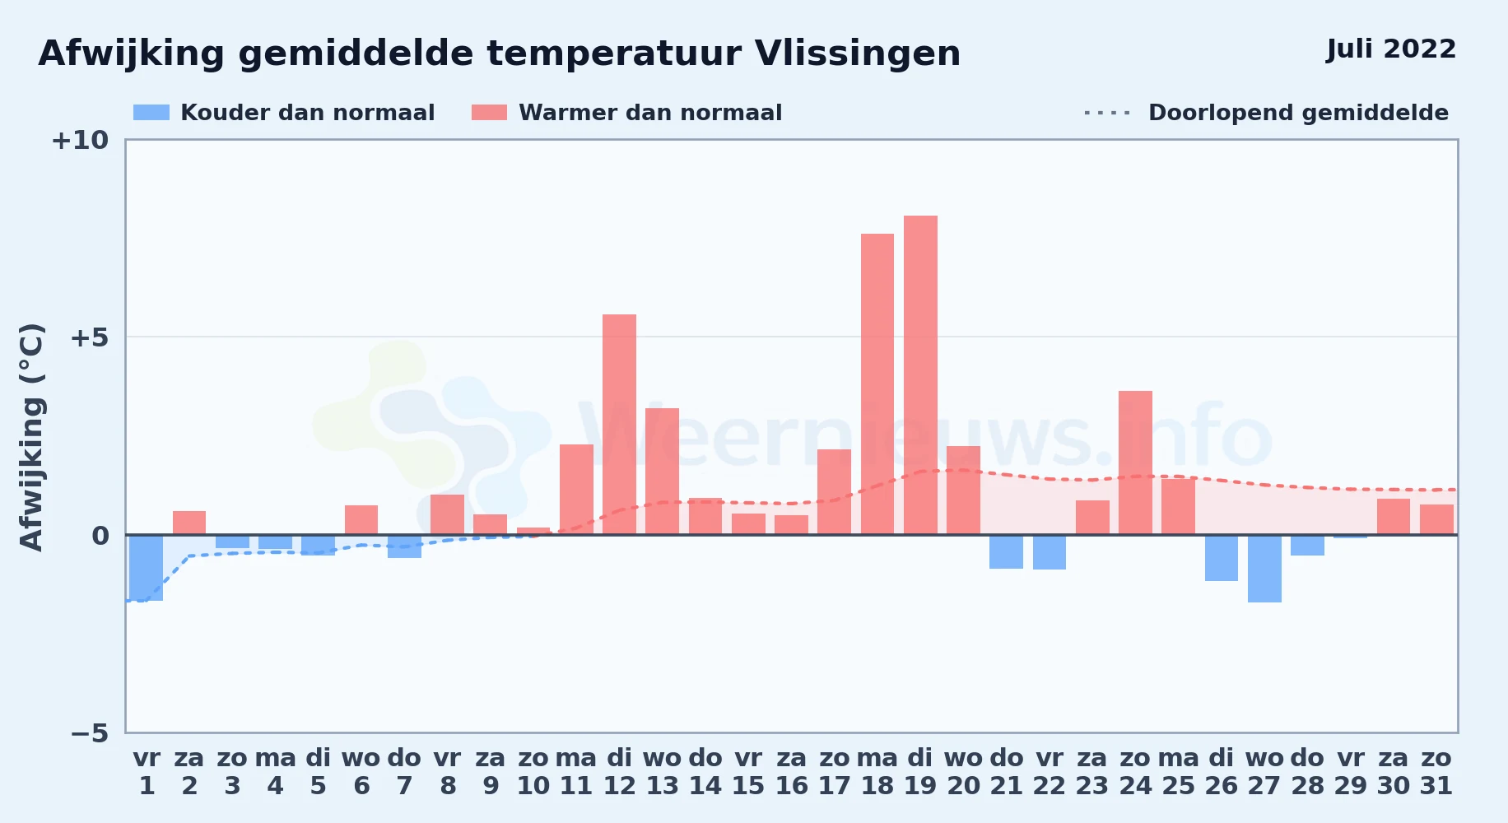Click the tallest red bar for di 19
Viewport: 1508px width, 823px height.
pyautogui.click(x=920, y=375)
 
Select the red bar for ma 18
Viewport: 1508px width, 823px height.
pyautogui.click(x=877, y=384)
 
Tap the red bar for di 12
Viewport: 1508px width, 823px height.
pyautogui.click(x=619, y=425)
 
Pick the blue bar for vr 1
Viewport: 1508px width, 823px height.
pyautogui.click(x=147, y=568)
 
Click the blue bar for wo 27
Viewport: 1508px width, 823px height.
pyautogui.click(x=1264, y=569)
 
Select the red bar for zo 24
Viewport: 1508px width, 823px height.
pyautogui.click(x=1135, y=463)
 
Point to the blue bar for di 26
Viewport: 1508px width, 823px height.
pyautogui.click(x=1222, y=558)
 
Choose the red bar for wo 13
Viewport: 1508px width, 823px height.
pyautogui.click(x=662, y=472)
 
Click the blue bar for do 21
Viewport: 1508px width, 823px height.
pyautogui.click(x=1006, y=551)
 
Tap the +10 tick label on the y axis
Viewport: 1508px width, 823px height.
pyautogui.click(x=80, y=140)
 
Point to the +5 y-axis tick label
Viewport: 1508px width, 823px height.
pyautogui.click(x=89, y=337)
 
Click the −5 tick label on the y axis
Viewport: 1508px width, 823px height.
pyautogui.click(x=90, y=733)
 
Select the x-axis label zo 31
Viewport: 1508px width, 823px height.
pyautogui.click(x=1436, y=772)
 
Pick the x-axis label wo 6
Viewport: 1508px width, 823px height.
pyautogui.click(x=361, y=772)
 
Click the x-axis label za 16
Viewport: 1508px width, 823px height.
pyautogui.click(x=791, y=772)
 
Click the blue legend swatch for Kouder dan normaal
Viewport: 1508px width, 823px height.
pyautogui.click(x=151, y=113)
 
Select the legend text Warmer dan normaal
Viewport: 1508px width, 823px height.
pyautogui.click(x=650, y=113)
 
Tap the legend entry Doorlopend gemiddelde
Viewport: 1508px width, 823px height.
pyautogui.click(x=1266, y=113)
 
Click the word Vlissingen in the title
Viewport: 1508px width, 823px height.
pyautogui.click(x=858, y=54)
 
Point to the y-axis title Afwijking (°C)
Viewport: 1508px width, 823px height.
pyautogui.click(x=31, y=437)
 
